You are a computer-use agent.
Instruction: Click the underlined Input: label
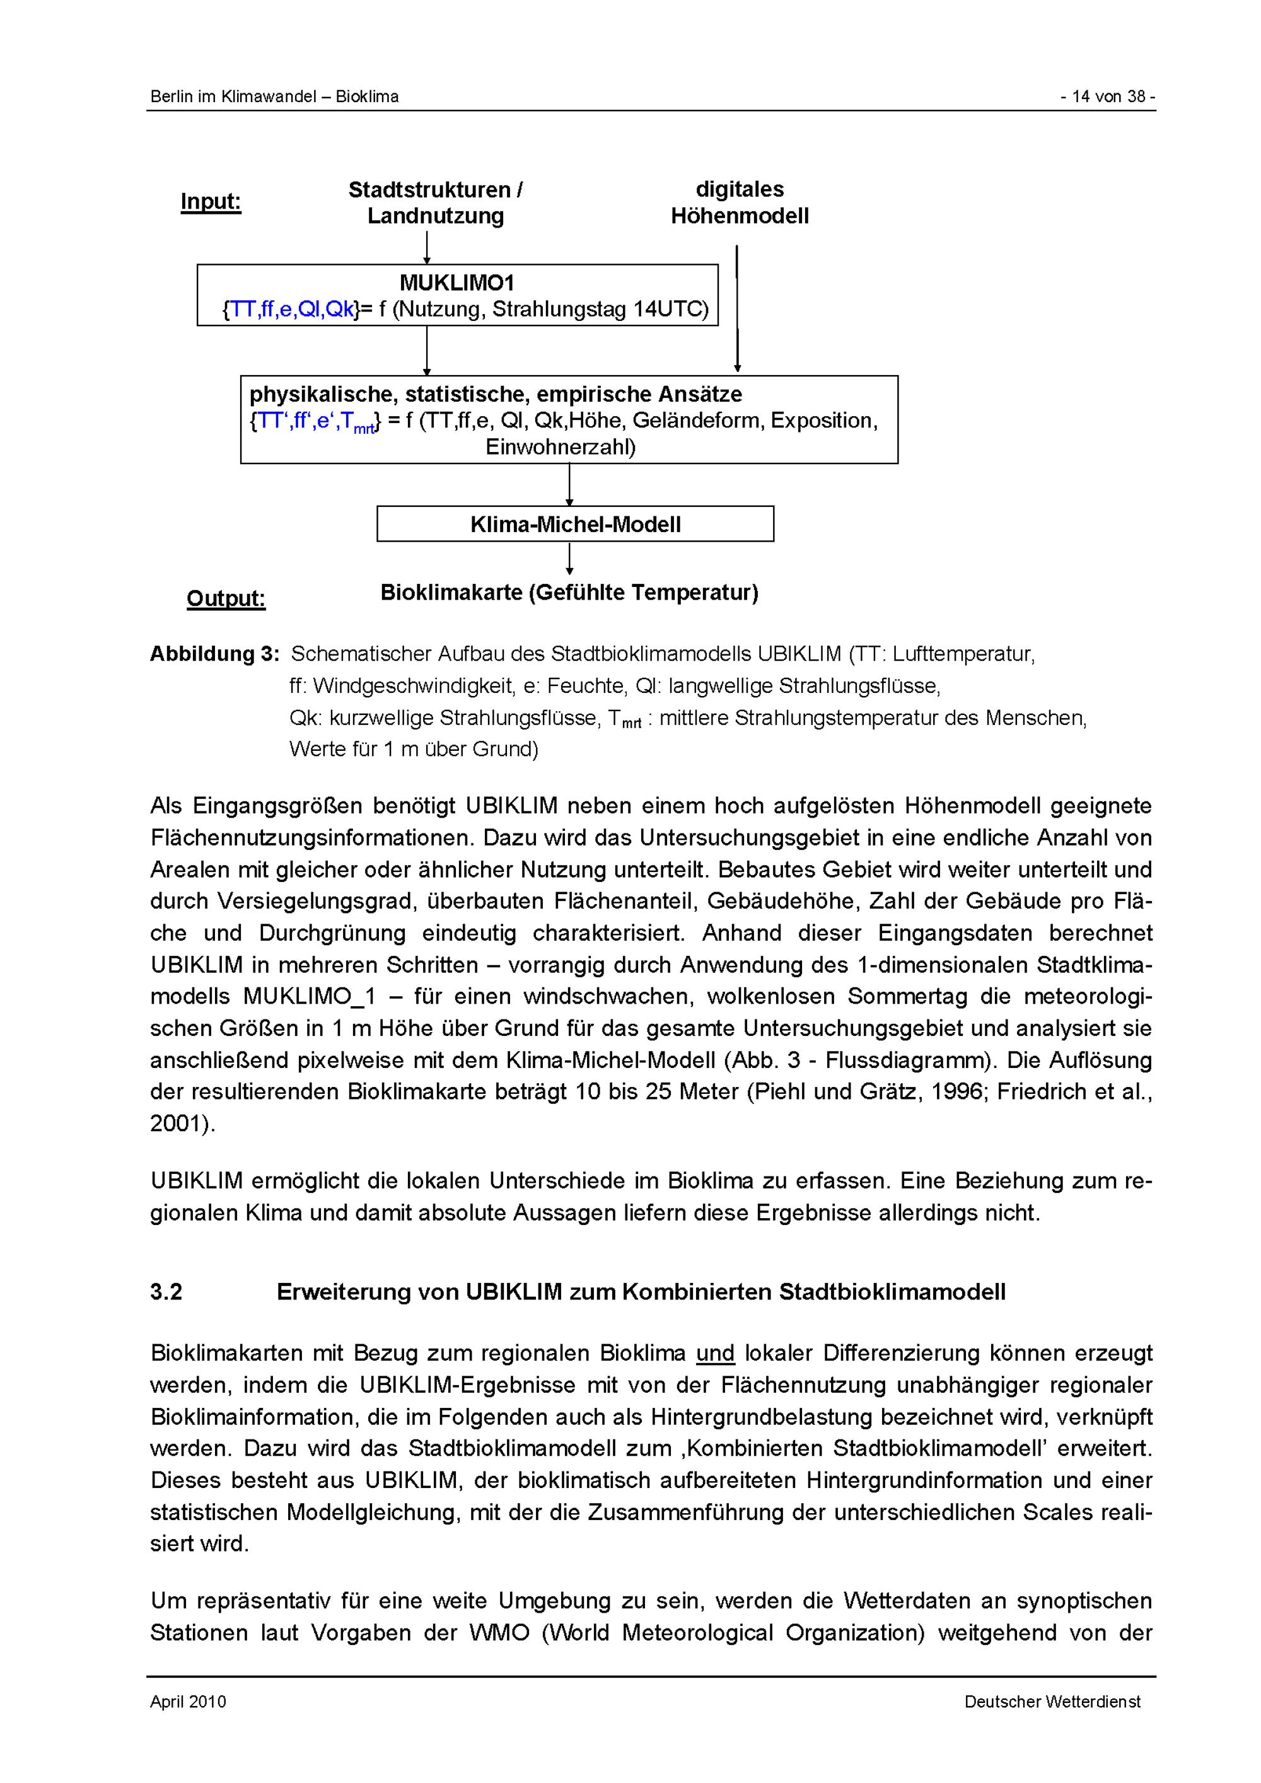click(x=211, y=202)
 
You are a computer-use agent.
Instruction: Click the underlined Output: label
click(x=226, y=599)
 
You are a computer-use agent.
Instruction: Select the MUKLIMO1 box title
click(x=456, y=282)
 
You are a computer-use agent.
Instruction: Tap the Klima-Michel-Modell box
click(x=576, y=524)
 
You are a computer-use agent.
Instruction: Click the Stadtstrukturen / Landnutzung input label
click(x=435, y=202)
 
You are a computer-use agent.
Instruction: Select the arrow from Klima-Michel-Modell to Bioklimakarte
click(x=570, y=559)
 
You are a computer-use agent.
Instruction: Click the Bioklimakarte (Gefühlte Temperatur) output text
click(x=569, y=593)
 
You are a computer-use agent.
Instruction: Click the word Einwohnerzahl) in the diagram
click(x=561, y=447)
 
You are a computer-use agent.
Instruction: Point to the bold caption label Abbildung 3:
click(x=214, y=654)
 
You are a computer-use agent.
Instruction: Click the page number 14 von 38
click(x=1108, y=97)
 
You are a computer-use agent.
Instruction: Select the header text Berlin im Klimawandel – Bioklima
click(x=274, y=97)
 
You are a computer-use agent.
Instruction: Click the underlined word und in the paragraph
click(x=715, y=1354)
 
